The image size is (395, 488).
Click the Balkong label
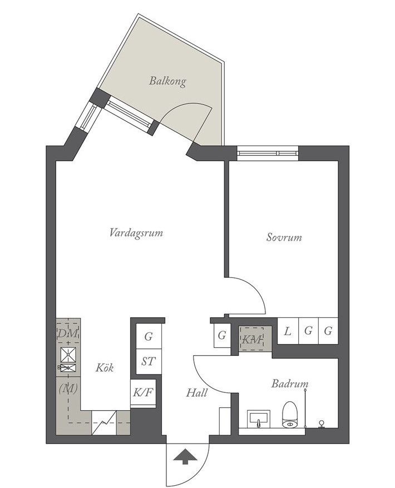[167, 81]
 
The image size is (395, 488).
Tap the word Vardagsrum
[136, 233]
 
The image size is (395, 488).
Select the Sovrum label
[284, 237]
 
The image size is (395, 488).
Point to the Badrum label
[290, 384]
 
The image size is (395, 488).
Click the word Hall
[196, 393]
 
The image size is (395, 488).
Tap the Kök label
[105, 367]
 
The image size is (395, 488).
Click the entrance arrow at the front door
[185, 456]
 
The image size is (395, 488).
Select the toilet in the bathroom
[290, 415]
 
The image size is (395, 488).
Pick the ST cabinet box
[149, 361]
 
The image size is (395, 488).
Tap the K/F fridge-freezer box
[143, 394]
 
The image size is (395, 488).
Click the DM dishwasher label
[68, 333]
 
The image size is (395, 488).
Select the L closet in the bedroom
[288, 331]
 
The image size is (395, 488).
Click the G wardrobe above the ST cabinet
[149, 336]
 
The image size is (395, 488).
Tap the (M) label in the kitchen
[68, 389]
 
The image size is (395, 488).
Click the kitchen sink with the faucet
[68, 367]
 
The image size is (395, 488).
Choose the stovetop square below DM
[68, 355]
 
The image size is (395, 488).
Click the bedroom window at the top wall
[267, 153]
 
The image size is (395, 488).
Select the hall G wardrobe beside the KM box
[222, 336]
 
